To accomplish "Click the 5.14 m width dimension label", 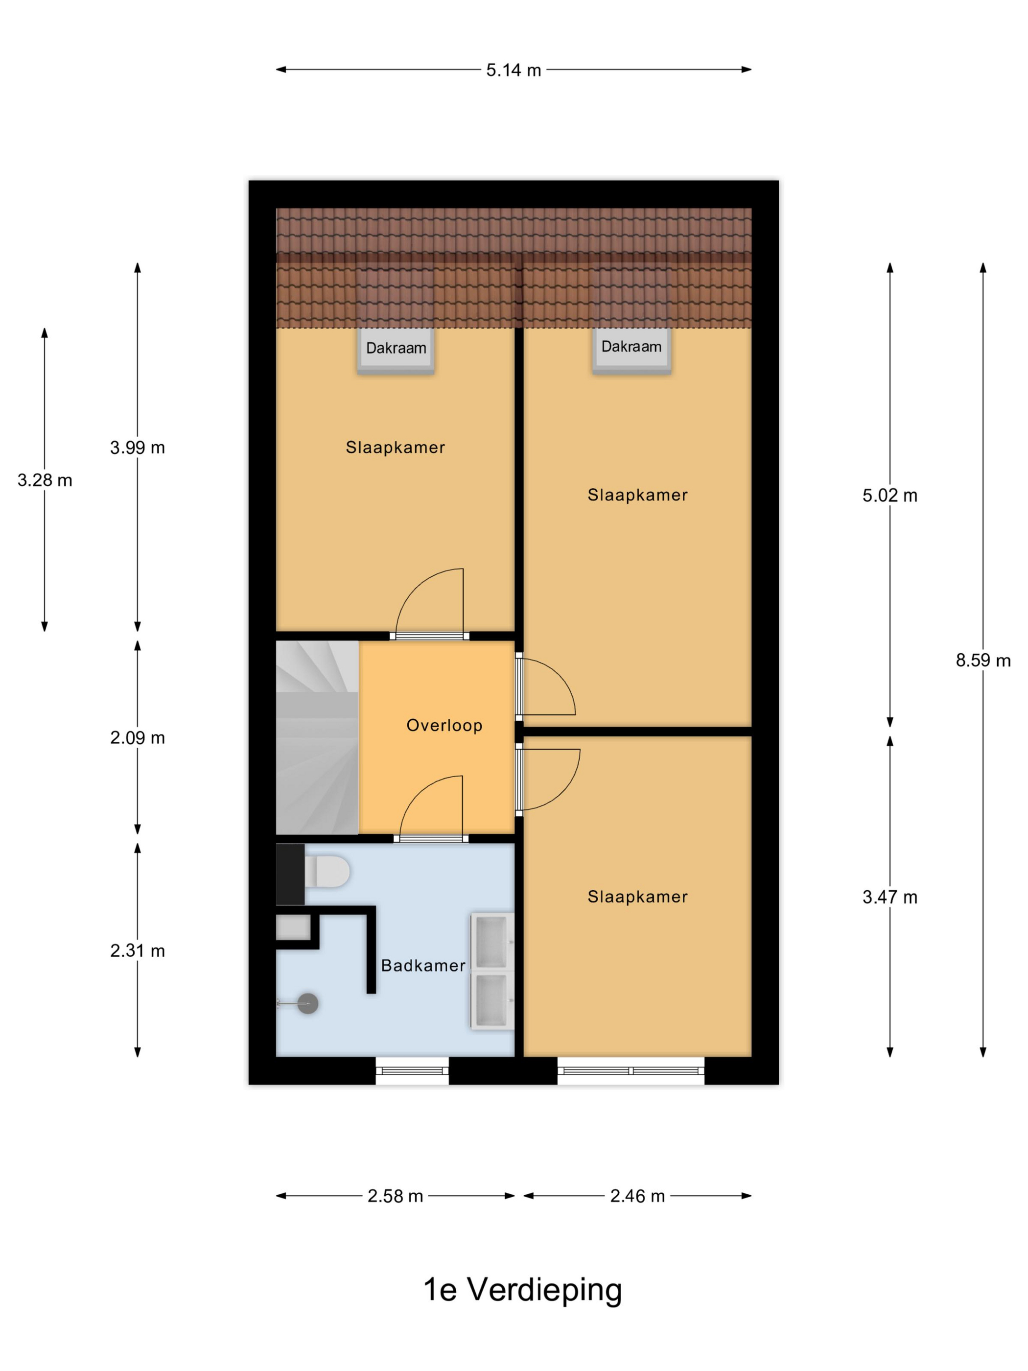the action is click(513, 70).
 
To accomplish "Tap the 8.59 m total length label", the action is click(983, 660).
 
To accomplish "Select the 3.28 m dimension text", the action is click(45, 480).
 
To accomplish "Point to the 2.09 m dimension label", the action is click(138, 737).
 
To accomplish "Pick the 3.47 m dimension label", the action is click(890, 897).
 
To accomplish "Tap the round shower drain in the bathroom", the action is click(308, 1003).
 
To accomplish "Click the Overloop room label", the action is click(444, 725).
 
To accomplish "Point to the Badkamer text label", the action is click(423, 965).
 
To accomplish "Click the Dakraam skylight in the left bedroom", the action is click(396, 350).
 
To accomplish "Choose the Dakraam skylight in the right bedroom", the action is click(631, 350).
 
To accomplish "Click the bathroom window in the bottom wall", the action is click(412, 1071).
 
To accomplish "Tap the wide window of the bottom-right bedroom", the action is click(631, 1071).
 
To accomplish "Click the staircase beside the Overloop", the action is click(317, 737).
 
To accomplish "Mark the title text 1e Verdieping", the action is click(522, 1289).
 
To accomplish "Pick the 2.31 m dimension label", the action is click(138, 950).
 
